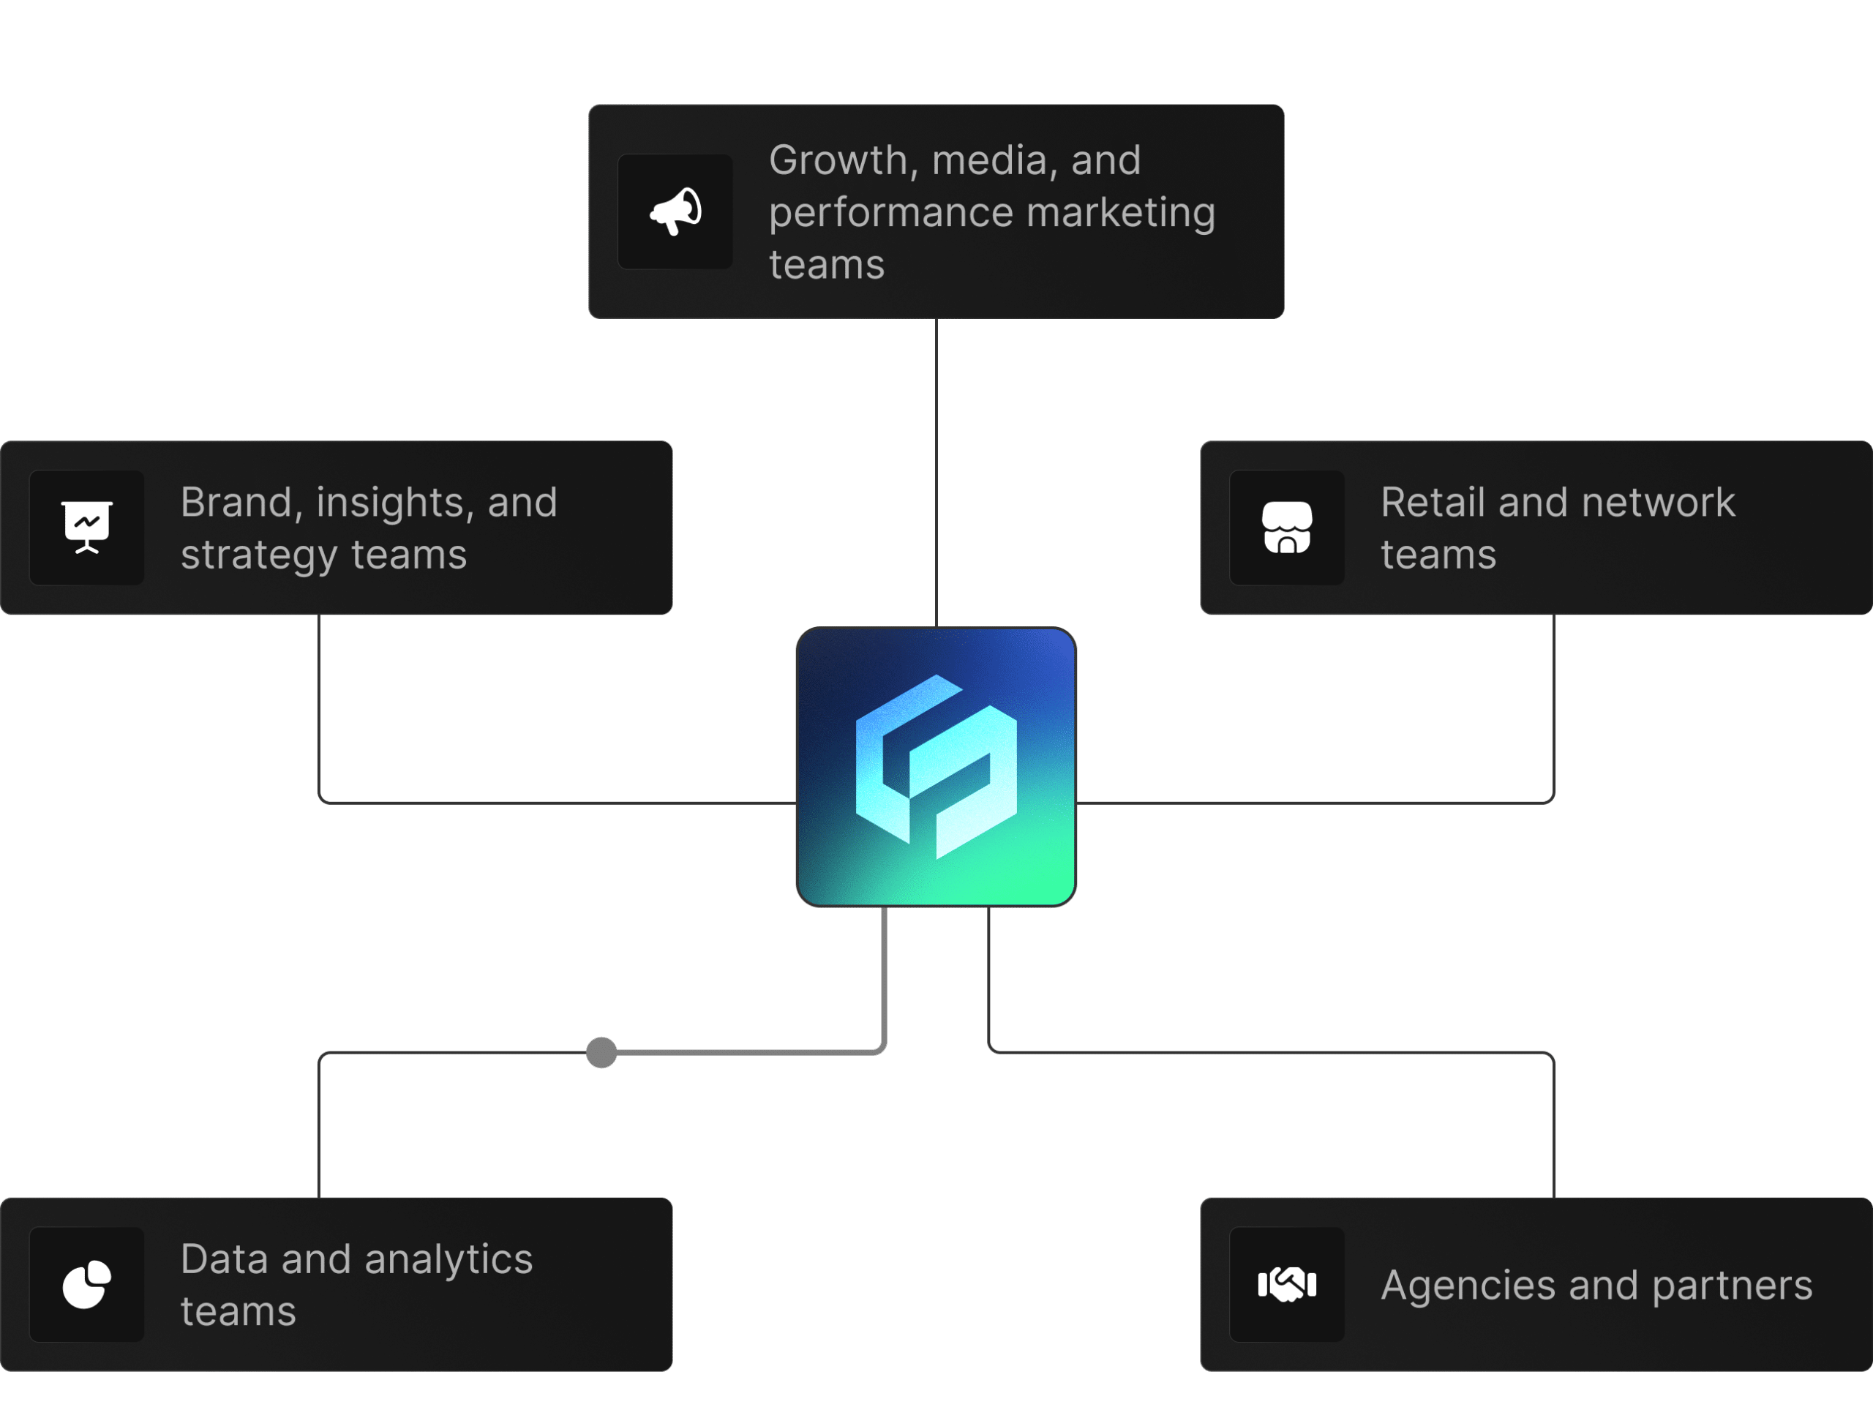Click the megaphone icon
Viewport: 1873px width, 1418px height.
676,211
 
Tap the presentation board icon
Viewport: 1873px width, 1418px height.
86,527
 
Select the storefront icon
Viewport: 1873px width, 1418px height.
1286,527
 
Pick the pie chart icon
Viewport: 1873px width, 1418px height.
86,1283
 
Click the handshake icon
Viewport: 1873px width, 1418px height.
1286,1283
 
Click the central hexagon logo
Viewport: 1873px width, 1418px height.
936,766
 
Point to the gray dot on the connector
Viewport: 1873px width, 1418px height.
601,1052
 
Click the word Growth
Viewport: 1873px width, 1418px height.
838,160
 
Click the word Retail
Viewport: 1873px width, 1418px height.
1433,502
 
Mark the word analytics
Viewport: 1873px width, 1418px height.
448,1261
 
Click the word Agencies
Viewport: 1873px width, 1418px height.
1468,1286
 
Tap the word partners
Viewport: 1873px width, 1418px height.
1732,1286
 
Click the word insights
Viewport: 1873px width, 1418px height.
394,502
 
